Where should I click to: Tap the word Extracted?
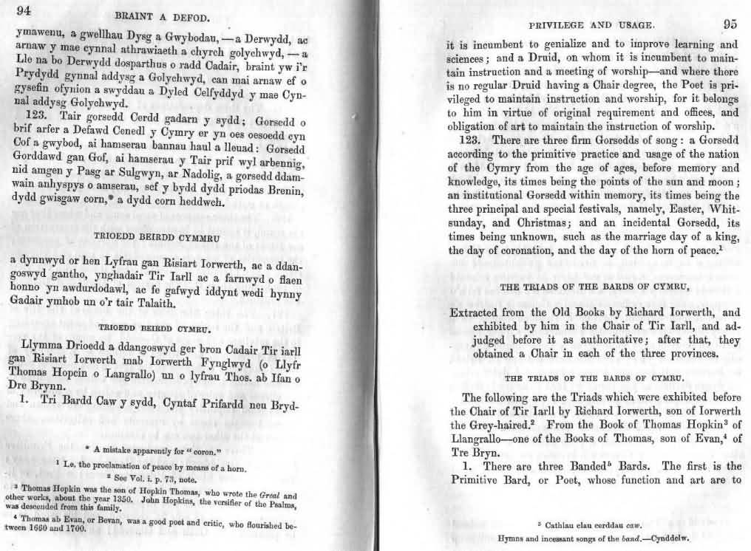(481, 312)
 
